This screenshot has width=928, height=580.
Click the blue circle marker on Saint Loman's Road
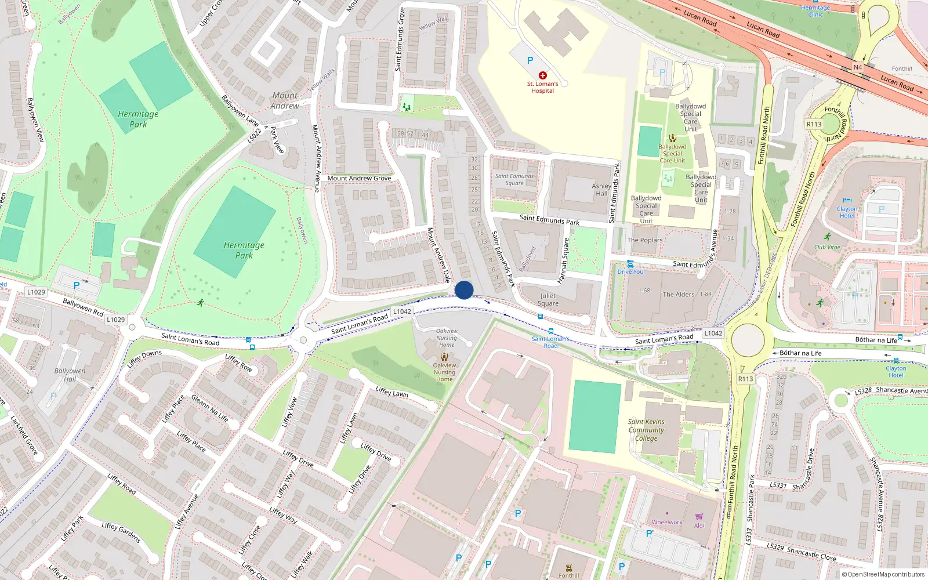pos(464,290)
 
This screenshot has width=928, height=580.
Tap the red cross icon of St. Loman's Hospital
pos(543,75)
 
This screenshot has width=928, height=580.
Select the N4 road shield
pos(858,67)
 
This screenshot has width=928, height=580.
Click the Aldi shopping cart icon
pos(699,516)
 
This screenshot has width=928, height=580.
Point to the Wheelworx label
pos(667,523)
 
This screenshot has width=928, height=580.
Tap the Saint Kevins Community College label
pos(646,430)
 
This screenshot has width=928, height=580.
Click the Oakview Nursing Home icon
pos(444,357)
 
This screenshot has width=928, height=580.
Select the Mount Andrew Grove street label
pos(359,178)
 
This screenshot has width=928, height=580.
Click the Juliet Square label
pos(548,299)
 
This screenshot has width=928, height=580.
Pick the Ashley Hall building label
pos(601,190)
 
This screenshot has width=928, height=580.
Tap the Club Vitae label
pos(827,247)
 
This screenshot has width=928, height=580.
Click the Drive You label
pos(630,271)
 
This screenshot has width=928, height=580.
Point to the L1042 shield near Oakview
pos(402,311)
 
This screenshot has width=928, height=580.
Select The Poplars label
pos(645,240)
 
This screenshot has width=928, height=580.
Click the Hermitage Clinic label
pos(815,11)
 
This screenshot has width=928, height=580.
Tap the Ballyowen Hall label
pos(70,375)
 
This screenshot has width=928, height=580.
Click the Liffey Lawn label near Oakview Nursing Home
pos(391,393)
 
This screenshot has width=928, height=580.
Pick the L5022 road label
pos(254,135)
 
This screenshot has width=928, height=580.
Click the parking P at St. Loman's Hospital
pos(530,60)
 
